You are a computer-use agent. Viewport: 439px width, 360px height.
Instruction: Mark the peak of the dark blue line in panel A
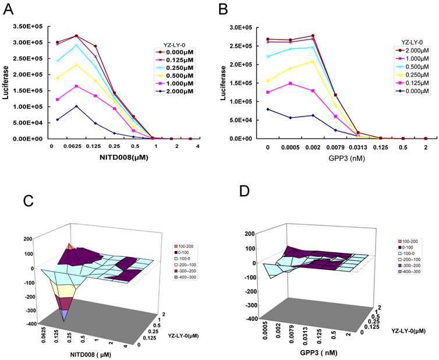click(x=76, y=106)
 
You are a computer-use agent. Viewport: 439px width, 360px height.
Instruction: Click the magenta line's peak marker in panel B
click(x=289, y=83)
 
